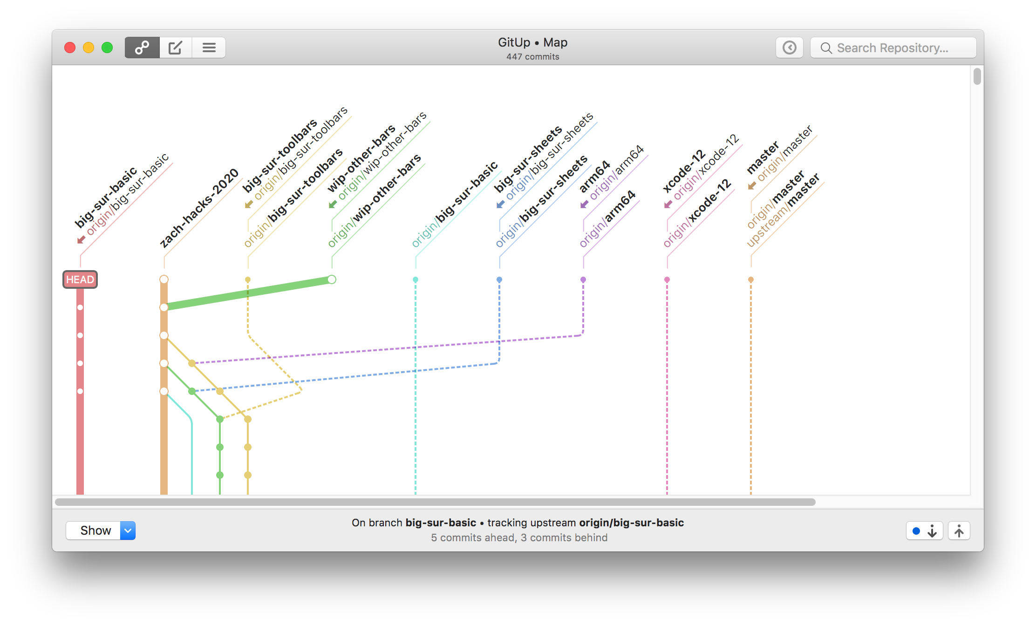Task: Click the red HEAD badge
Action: point(80,279)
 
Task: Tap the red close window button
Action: point(70,48)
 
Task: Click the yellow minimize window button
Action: point(89,48)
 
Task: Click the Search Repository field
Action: point(893,48)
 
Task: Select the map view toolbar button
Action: point(142,48)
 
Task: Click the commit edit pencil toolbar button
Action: point(175,48)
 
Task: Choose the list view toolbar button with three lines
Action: point(209,48)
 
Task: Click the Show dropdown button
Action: point(101,531)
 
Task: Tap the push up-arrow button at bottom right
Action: point(959,531)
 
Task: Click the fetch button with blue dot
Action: point(924,531)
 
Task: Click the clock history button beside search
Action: point(789,48)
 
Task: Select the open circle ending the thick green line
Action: point(332,279)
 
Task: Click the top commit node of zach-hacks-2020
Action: point(164,279)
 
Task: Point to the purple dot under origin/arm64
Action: point(583,280)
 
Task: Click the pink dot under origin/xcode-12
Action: point(667,280)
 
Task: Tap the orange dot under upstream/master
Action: point(751,280)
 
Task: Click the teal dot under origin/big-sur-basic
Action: point(416,280)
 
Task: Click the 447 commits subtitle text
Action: point(533,57)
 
